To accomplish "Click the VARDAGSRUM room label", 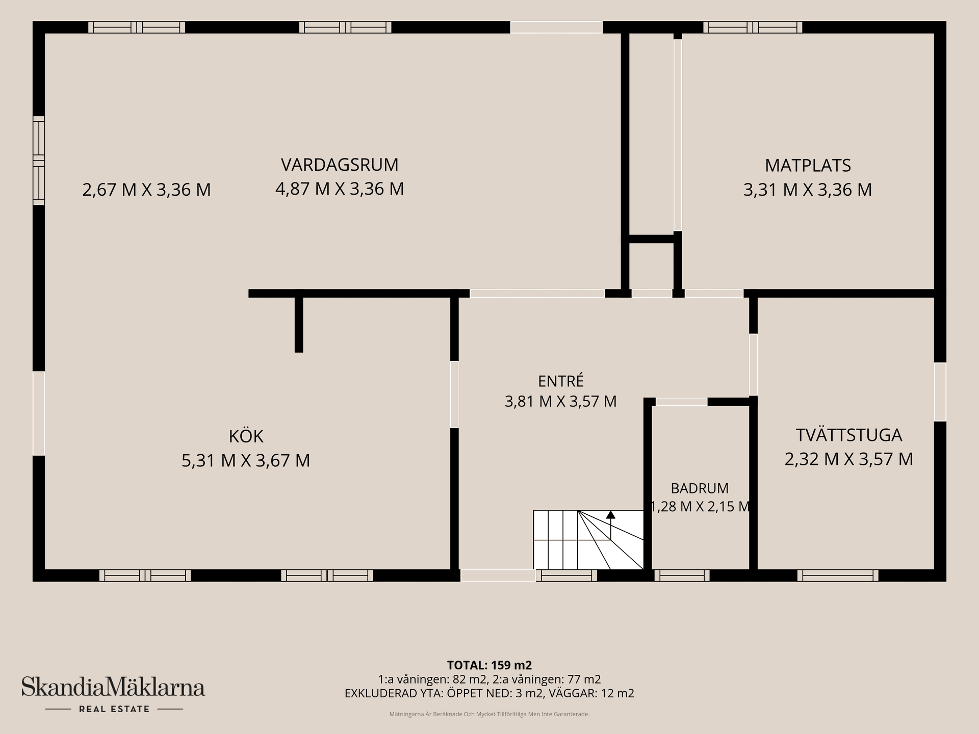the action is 340,165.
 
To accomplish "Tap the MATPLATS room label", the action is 808,165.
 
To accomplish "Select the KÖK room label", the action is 246,436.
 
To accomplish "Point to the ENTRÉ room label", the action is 561,381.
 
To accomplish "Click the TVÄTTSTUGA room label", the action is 849,435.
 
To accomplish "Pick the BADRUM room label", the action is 700,488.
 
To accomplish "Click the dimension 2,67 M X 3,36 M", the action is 146,190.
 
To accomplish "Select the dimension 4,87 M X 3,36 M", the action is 340,189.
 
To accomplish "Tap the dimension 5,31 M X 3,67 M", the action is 246,460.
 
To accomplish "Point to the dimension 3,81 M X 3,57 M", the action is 561,401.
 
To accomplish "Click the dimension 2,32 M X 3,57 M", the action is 849,459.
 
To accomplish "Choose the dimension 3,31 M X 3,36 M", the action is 808,190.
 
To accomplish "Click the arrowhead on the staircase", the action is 610,514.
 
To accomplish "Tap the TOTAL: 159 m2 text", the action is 489,665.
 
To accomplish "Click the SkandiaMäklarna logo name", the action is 113,687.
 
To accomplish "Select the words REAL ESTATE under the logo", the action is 114,709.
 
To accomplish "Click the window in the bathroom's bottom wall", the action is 682,575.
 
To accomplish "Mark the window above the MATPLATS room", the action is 753,27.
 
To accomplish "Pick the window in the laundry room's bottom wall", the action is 838,575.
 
